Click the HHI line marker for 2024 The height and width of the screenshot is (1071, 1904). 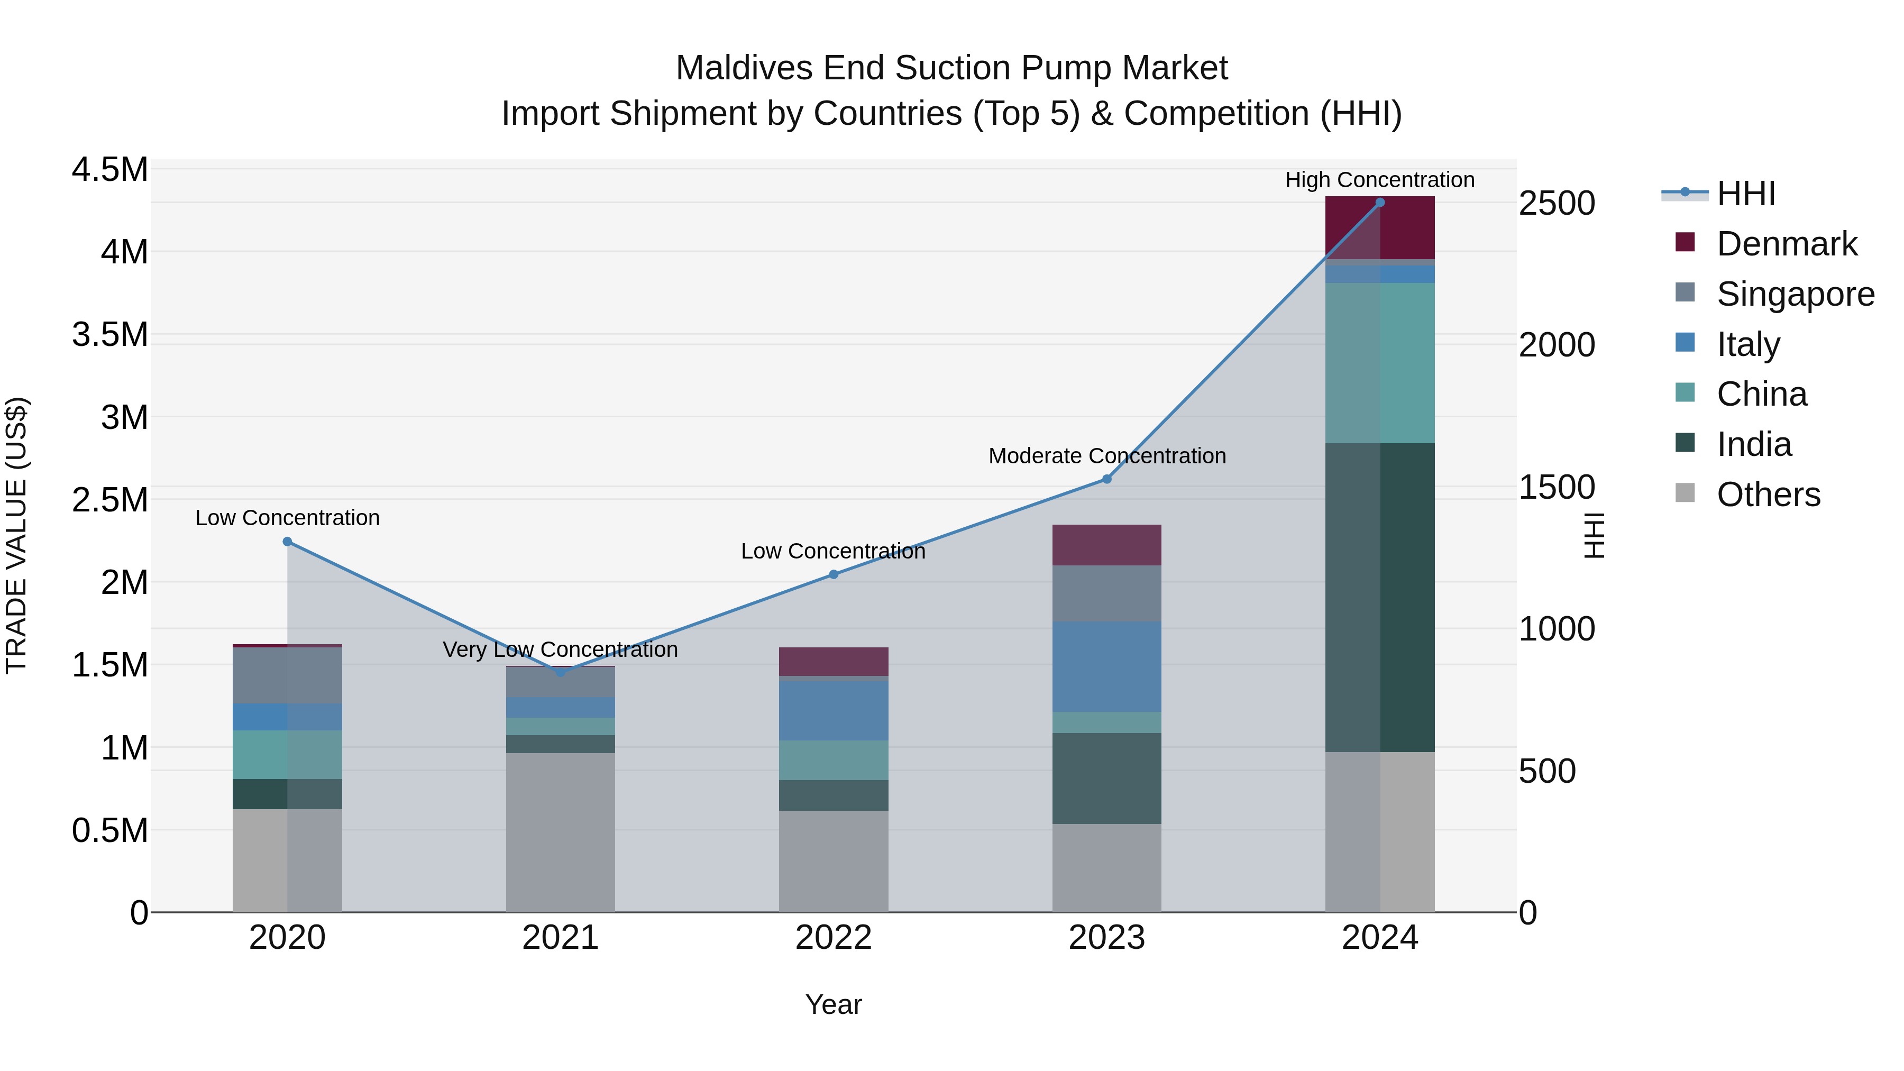1379,202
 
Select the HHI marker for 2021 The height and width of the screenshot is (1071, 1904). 560,672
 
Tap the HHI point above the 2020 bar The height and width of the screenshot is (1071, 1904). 288,542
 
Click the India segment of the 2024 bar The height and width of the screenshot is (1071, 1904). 1379,597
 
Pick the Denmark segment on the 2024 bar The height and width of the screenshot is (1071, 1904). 1379,227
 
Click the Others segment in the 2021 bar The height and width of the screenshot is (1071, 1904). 560,831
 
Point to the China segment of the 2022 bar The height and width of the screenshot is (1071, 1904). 833,760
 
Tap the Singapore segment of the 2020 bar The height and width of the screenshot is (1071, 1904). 288,675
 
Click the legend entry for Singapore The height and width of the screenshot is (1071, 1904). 1795,294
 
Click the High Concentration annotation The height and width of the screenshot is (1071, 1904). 1379,180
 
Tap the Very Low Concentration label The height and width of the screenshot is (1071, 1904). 560,649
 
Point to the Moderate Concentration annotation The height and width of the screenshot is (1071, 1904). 1106,455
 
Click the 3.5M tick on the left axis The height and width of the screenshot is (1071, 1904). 109,334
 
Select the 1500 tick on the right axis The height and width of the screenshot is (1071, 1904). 1557,487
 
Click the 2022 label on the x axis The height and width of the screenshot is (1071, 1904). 833,937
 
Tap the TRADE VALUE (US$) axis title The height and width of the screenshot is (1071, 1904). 16,535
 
